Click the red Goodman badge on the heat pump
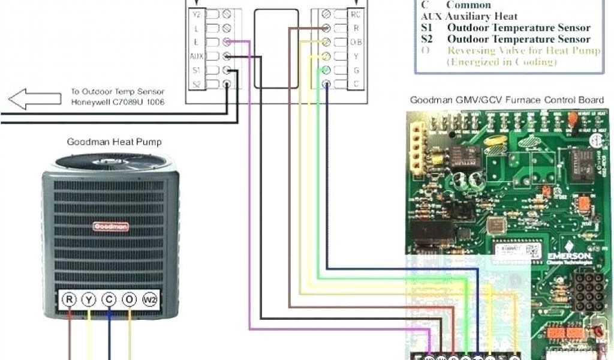[105, 227]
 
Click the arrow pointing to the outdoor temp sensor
[35, 99]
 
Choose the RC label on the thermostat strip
[356, 13]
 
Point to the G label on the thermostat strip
[356, 70]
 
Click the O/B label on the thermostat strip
[356, 42]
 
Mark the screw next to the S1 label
[227, 71]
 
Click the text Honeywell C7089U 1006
[118, 102]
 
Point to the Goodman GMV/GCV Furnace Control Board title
[507, 100]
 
